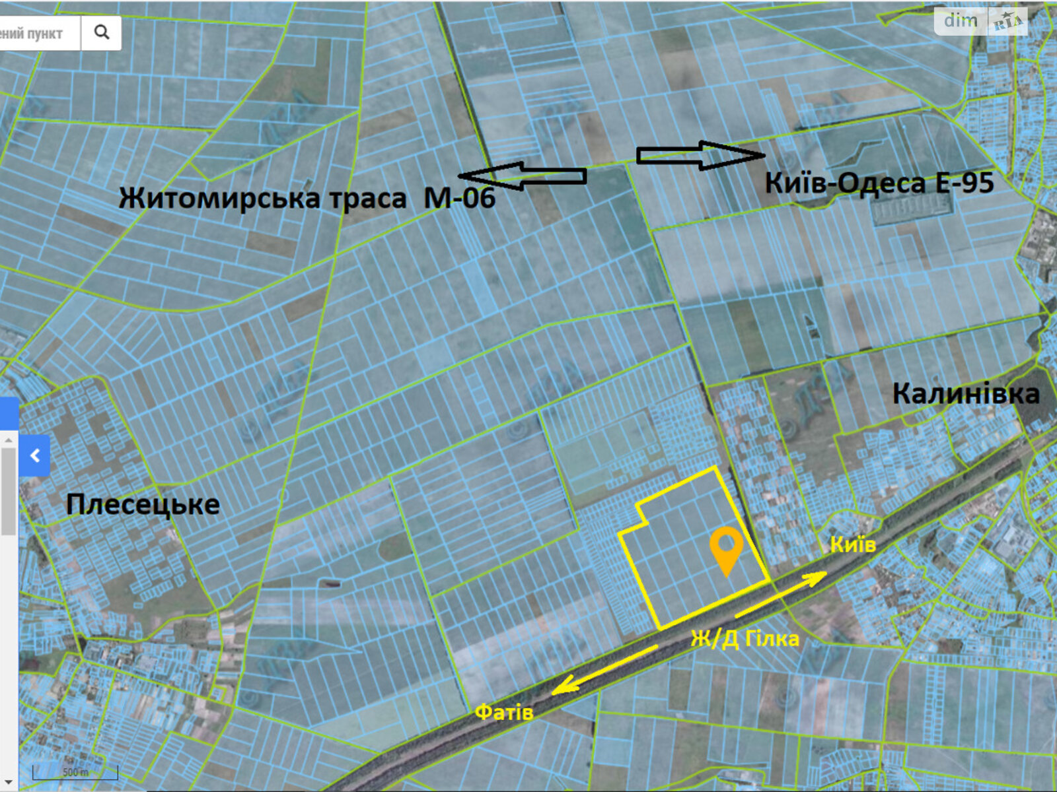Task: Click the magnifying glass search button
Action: tap(101, 32)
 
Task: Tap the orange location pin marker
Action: tap(726, 550)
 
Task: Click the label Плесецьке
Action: tap(143, 504)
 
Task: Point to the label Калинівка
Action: tap(966, 394)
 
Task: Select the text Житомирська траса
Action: tap(262, 198)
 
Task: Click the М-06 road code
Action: tap(459, 197)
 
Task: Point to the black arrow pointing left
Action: tap(522, 176)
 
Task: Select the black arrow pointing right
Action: tap(700, 155)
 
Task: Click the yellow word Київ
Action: tap(853, 544)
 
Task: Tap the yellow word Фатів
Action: tap(504, 712)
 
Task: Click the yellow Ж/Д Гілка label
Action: tap(745, 639)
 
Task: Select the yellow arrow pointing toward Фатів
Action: tap(604, 669)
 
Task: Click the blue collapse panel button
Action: tap(34, 455)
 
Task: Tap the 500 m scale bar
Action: tap(75, 772)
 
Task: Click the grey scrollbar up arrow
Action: tap(8, 440)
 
